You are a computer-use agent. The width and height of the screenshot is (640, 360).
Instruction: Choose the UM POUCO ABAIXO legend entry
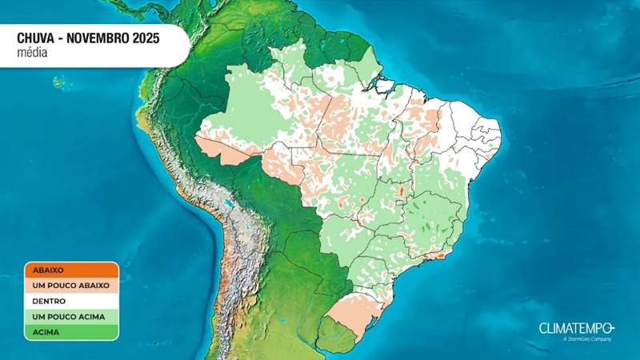(71, 286)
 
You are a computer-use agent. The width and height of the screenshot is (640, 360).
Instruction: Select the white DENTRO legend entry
(71, 301)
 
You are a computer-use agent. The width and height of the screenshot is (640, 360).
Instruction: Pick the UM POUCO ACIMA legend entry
(71, 317)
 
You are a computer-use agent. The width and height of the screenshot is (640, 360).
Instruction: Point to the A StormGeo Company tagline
(587, 339)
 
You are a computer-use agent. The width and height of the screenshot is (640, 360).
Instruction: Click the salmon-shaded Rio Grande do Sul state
(353, 307)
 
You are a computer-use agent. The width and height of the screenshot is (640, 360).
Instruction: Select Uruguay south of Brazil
(337, 337)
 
